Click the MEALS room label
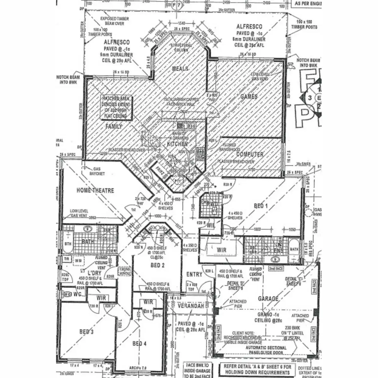point(180,69)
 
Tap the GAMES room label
point(249,96)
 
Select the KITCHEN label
point(177,144)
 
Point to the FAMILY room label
point(113,126)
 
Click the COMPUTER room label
point(250,154)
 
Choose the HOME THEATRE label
point(95,190)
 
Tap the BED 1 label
point(261,206)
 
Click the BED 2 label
point(157,265)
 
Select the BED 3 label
point(86,331)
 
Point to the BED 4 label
point(139,343)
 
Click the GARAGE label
point(268,299)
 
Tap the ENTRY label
point(194,274)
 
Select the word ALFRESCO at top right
point(249,27)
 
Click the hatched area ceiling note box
point(116,107)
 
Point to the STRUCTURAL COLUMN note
point(181,48)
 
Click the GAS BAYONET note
point(97,171)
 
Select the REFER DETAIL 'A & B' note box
point(257,369)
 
